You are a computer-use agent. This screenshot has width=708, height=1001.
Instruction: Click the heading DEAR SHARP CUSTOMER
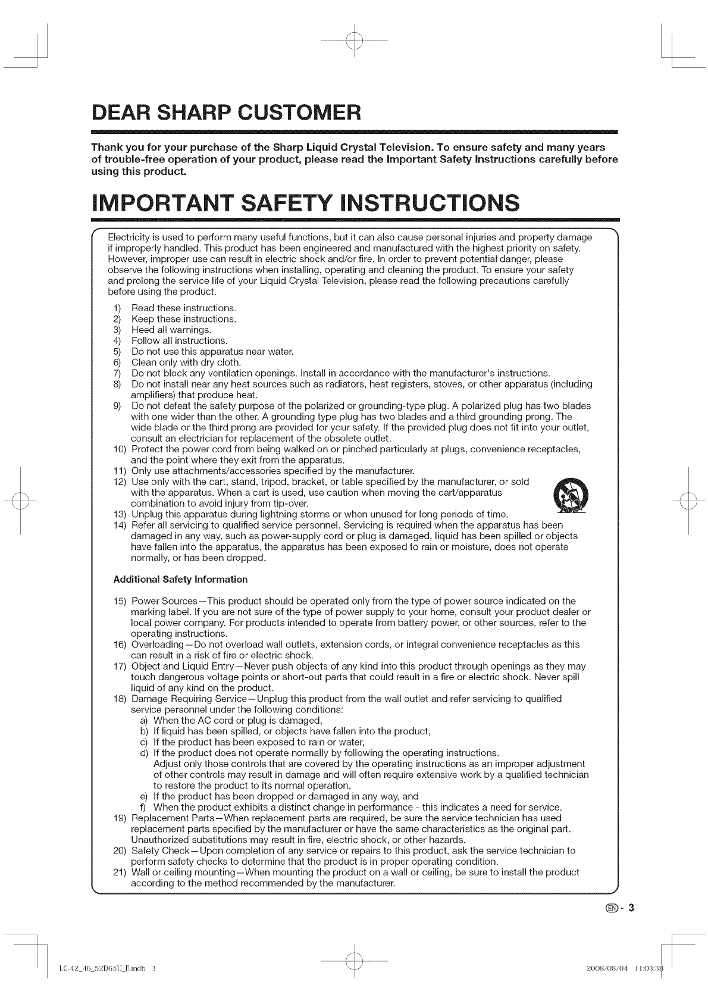pyautogui.click(x=226, y=112)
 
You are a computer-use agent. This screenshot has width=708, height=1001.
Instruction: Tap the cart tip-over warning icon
pyautogui.click(x=571, y=496)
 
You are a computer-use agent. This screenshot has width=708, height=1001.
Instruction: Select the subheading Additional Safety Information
pyautogui.click(x=180, y=579)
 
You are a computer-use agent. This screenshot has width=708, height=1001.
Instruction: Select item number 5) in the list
pyautogui.click(x=117, y=352)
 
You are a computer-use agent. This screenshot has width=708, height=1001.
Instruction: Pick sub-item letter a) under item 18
pyautogui.click(x=144, y=720)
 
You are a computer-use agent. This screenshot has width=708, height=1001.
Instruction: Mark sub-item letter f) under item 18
pyautogui.click(x=143, y=807)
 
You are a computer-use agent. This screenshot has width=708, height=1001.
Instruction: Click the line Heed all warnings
pyautogui.click(x=171, y=330)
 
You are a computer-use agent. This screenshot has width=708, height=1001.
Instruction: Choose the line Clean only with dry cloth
pyautogui.click(x=186, y=362)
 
